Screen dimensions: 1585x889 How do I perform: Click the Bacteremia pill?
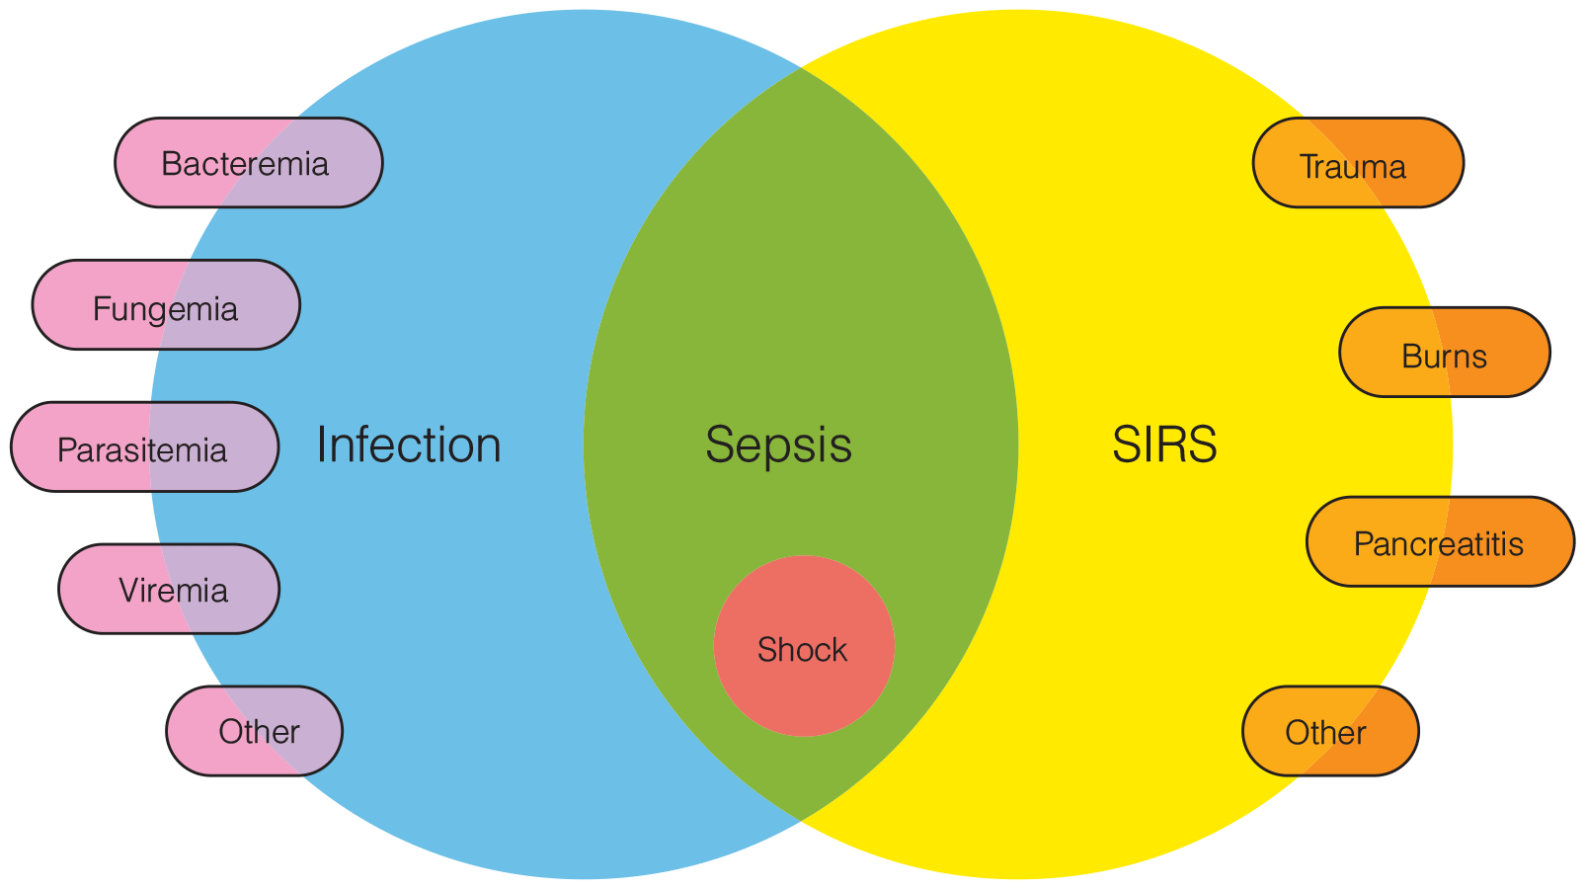[249, 163]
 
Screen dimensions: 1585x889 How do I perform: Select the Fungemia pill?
[166, 305]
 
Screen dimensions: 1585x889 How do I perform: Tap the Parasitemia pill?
[145, 447]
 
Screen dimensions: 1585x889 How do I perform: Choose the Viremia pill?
[169, 590]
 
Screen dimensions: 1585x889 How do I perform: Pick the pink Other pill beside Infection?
[255, 731]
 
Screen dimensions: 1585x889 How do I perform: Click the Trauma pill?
[1359, 163]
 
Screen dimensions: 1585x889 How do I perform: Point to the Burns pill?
[1445, 353]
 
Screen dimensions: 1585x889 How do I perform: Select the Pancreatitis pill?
[1441, 542]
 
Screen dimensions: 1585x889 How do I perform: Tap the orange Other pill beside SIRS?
[1331, 731]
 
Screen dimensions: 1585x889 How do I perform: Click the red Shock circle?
[804, 646]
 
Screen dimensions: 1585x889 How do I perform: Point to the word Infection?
[409, 445]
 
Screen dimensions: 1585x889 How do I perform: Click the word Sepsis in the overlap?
[778, 445]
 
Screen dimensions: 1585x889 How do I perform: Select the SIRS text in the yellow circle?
[1164, 444]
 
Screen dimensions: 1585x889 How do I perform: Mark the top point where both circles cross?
[800, 68]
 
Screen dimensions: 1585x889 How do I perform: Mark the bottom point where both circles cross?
[800, 820]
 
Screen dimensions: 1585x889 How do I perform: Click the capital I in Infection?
[321, 445]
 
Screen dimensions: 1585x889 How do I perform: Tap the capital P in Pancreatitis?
[1364, 544]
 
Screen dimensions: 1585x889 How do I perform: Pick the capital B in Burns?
[1412, 356]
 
